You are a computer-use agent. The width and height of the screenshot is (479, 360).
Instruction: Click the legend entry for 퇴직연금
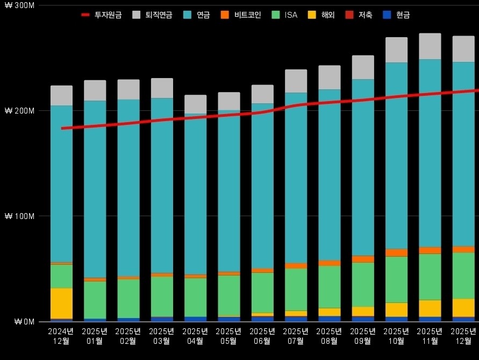coord(150,15)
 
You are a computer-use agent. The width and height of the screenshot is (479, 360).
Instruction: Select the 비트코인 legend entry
coord(241,15)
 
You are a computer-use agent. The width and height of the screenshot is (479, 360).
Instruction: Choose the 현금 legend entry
coord(396,15)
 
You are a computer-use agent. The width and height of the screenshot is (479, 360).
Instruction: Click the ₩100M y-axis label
coord(19,216)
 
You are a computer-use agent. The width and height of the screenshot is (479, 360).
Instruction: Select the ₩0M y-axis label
coord(22,322)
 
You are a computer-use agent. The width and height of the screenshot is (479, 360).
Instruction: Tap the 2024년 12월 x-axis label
coord(61,336)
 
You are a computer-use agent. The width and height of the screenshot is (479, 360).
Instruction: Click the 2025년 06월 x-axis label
coord(262,336)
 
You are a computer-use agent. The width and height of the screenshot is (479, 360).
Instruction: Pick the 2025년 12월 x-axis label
coord(463,336)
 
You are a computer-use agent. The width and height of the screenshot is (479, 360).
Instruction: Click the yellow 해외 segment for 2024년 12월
coord(61,303)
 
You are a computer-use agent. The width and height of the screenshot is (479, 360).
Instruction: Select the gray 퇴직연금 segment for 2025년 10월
coord(396,50)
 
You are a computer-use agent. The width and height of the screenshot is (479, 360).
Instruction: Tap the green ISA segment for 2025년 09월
coord(363,284)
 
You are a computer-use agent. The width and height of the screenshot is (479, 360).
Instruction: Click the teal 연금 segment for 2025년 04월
coord(195,194)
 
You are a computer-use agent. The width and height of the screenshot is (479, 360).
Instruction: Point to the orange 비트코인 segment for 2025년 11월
coord(430,250)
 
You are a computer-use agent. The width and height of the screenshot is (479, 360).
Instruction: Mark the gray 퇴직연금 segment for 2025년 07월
coord(296,81)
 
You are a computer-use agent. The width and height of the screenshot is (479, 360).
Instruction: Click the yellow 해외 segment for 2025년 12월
coord(463,308)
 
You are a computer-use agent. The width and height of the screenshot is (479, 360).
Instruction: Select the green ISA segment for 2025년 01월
coord(95,299)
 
